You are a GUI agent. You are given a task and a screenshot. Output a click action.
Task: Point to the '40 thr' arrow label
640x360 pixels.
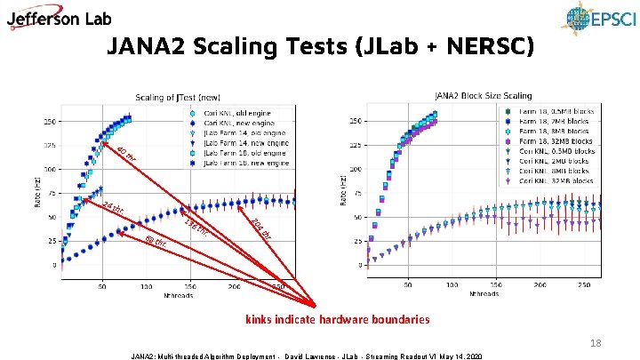(x=126, y=154)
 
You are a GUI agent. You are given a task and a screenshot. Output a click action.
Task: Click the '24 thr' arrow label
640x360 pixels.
(x=113, y=211)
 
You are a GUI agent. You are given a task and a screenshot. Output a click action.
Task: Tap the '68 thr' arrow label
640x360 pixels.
(x=155, y=241)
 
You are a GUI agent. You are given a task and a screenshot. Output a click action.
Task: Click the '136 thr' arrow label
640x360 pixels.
(x=196, y=227)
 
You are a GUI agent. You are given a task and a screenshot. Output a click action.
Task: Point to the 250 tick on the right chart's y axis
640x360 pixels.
(x=355, y=119)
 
